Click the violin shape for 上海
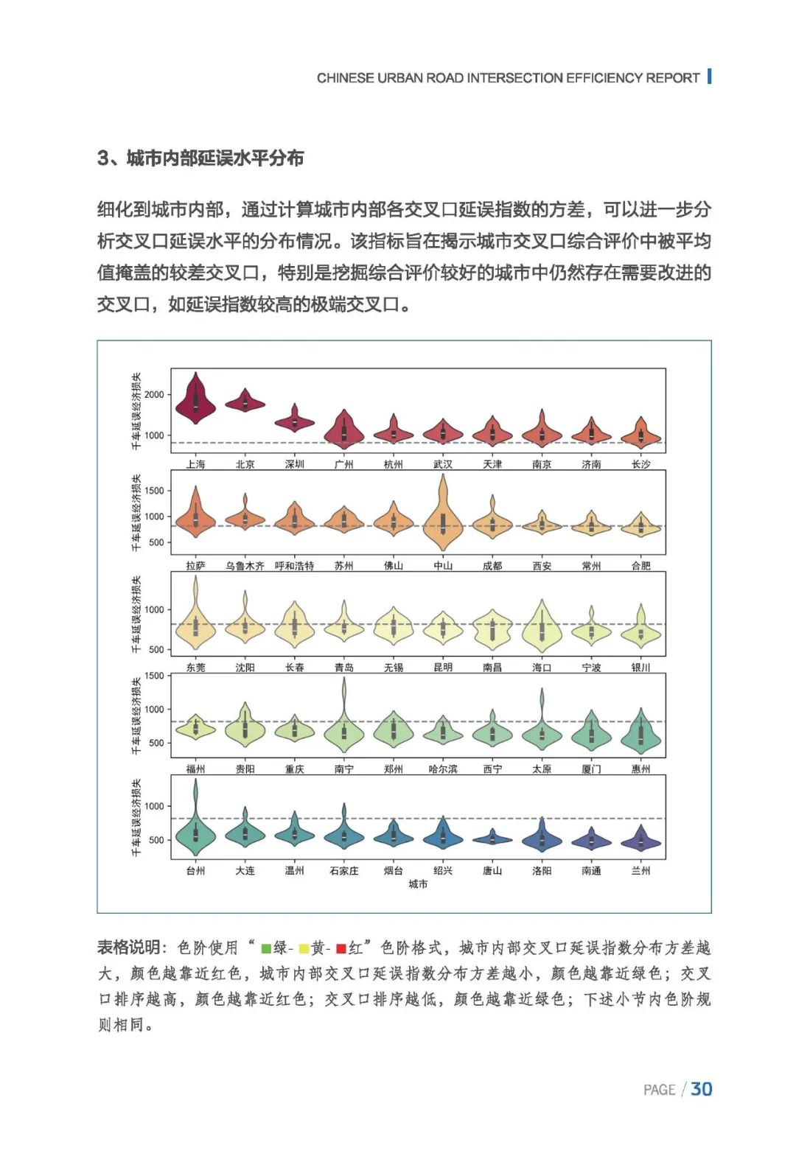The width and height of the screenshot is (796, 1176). click(195, 402)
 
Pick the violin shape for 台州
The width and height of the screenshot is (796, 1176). click(195, 833)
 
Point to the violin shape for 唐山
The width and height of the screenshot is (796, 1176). click(492, 839)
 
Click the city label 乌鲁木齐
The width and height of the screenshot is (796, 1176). click(245, 566)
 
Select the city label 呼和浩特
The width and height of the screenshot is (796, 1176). click(294, 566)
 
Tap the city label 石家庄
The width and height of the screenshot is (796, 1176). click(343, 871)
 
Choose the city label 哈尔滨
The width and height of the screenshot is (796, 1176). click(442, 769)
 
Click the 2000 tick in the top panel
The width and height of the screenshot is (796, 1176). click(154, 395)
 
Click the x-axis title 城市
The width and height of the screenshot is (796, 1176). click(418, 884)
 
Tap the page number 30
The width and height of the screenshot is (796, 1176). click(702, 1089)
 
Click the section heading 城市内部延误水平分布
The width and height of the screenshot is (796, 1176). click(214, 158)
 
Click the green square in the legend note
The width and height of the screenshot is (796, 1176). click(266, 948)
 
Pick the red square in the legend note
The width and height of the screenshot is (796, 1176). click(341, 948)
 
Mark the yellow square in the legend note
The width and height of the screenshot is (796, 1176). click(303, 948)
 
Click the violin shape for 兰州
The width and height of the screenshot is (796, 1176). click(640, 841)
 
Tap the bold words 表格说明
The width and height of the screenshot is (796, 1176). click(128, 948)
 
